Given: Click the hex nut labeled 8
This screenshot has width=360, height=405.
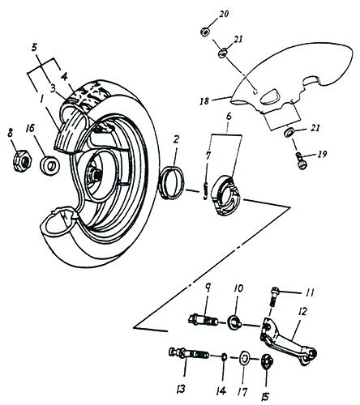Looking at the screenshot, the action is tap(23, 161).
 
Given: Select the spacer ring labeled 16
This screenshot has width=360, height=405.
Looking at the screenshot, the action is tap(50, 165).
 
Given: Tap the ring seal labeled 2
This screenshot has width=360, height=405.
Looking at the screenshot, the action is tap(172, 182).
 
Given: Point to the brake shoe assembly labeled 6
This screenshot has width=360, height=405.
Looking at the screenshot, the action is tap(226, 195).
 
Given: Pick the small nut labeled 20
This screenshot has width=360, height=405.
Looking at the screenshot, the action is tap(204, 32).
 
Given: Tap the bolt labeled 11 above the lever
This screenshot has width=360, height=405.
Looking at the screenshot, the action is tap(273, 296).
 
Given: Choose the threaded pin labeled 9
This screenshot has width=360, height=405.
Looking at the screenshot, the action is tap(204, 321).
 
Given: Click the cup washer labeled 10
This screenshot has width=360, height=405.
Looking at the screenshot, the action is tap(235, 322).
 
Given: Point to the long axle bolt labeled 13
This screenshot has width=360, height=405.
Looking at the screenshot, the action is tap(188, 353).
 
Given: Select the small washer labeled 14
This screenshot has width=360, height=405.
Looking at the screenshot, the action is tap(224, 357).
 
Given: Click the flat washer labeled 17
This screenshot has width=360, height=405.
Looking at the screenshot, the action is tap(245, 359).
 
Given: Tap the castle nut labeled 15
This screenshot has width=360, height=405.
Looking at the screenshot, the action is tap(266, 360).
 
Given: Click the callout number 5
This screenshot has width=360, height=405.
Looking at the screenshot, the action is tap(34, 48).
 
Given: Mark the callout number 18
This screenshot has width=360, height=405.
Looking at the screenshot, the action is tap(204, 101).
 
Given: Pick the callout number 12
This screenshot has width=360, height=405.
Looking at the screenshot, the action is tap(303, 312).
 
